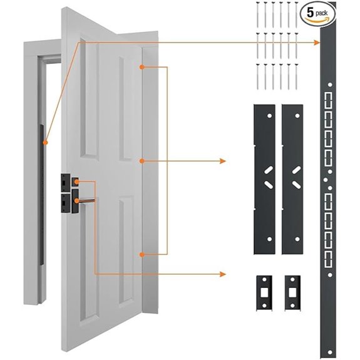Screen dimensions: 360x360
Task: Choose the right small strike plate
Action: coord(292,291)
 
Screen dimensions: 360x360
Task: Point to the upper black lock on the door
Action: coord(68,182)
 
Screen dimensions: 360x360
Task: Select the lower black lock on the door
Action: coord(68,202)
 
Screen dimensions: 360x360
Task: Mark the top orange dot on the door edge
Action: coord(143,67)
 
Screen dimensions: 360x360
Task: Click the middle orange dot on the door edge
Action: coord(143,161)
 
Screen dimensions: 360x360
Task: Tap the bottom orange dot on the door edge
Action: coord(143,254)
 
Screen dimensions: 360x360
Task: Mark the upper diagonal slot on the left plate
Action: coord(267,170)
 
